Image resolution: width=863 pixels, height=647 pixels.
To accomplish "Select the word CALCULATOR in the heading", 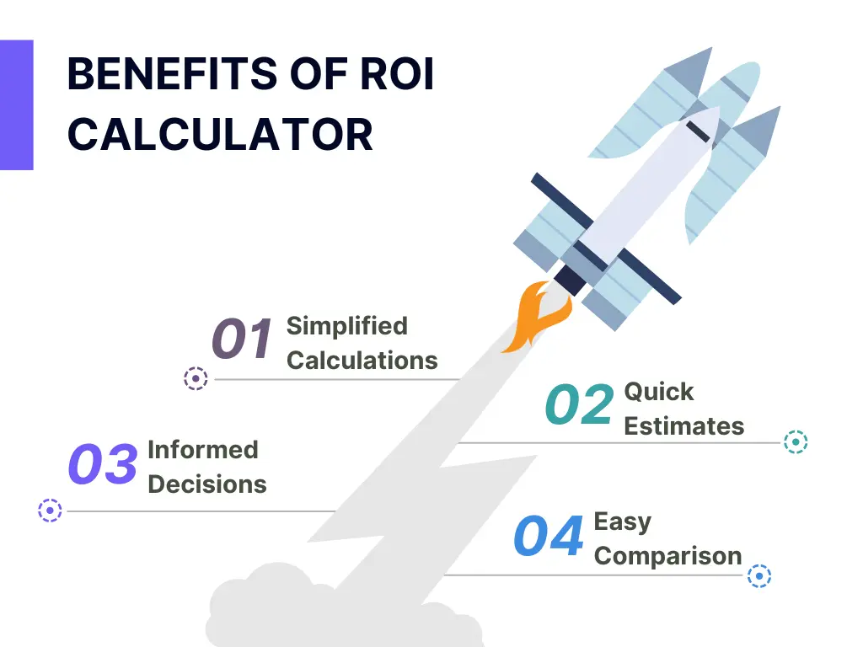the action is pos(220,134).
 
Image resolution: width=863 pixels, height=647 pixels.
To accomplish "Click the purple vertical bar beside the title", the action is pos(17,104).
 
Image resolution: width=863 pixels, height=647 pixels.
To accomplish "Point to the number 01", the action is pos(242,338).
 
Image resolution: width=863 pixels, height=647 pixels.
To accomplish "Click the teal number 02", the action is pos(579,404).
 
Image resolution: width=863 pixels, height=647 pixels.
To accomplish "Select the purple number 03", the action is pos(103,464).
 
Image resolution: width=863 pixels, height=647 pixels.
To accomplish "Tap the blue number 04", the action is pos(548,535).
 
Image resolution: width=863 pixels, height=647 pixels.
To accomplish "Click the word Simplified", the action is pos(347,326).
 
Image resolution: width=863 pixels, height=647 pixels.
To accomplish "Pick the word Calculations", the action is pos(362,361).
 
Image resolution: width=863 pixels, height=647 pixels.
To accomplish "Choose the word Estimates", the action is pos(684,426).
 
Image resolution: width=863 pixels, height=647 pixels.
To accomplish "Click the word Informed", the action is pos(203,450).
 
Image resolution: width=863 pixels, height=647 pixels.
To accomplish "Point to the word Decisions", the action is pos(207,484).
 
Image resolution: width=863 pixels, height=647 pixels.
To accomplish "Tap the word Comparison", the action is pos(668,556).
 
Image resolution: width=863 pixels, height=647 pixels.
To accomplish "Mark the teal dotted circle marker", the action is pos(796,441).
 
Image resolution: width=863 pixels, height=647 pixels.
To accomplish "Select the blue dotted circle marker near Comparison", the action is pos(759,576).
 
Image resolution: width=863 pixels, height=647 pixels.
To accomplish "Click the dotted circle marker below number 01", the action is pos(196,378).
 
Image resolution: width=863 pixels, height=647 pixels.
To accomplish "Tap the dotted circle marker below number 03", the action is pos(50,511).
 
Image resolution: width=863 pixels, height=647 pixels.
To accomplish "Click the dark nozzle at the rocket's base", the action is pos(571,280).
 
